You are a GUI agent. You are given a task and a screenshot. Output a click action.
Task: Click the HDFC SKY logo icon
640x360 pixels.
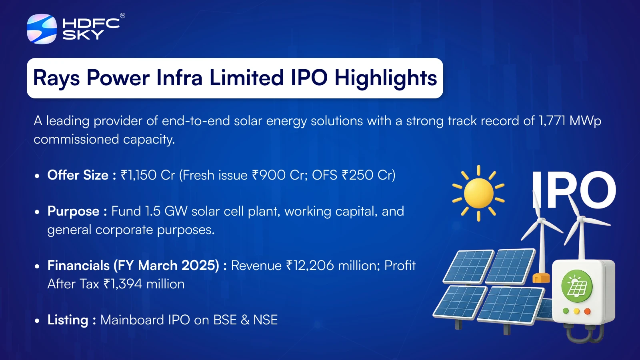pyautogui.click(x=42, y=29)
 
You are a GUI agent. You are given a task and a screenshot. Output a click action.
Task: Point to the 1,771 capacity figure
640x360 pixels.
pyautogui.click(x=552, y=121)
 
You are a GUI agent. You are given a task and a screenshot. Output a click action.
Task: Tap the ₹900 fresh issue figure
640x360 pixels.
pyautogui.click(x=269, y=175)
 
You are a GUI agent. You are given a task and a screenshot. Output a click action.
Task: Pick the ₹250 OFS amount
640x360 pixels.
pyautogui.click(x=358, y=175)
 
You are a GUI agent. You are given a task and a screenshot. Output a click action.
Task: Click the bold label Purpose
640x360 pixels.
pyautogui.click(x=74, y=212)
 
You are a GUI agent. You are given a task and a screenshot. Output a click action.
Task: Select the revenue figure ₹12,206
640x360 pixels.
pyautogui.click(x=310, y=266)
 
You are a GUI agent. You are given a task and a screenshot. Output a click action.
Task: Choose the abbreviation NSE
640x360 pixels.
pyautogui.click(x=266, y=320)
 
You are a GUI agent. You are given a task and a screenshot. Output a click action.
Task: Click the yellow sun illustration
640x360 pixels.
pyautogui.click(x=478, y=194)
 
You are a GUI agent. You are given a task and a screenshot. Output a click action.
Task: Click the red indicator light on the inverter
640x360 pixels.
pyautogui.click(x=587, y=311)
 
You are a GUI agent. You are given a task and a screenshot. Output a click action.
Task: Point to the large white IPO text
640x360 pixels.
pyautogui.click(x=574, y=190)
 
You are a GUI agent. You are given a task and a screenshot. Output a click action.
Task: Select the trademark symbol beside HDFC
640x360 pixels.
pyautogui.click(x=122, y=16)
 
